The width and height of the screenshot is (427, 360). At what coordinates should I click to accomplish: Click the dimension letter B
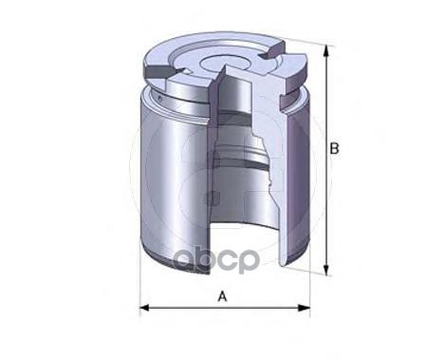[x=334, y=149]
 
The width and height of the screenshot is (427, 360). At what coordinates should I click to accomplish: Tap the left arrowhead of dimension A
[x=144, y=308]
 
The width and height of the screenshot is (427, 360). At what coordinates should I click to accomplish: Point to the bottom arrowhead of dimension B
[x=326, y=270]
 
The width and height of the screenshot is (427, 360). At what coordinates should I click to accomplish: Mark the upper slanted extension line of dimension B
[x=304, y=41]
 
